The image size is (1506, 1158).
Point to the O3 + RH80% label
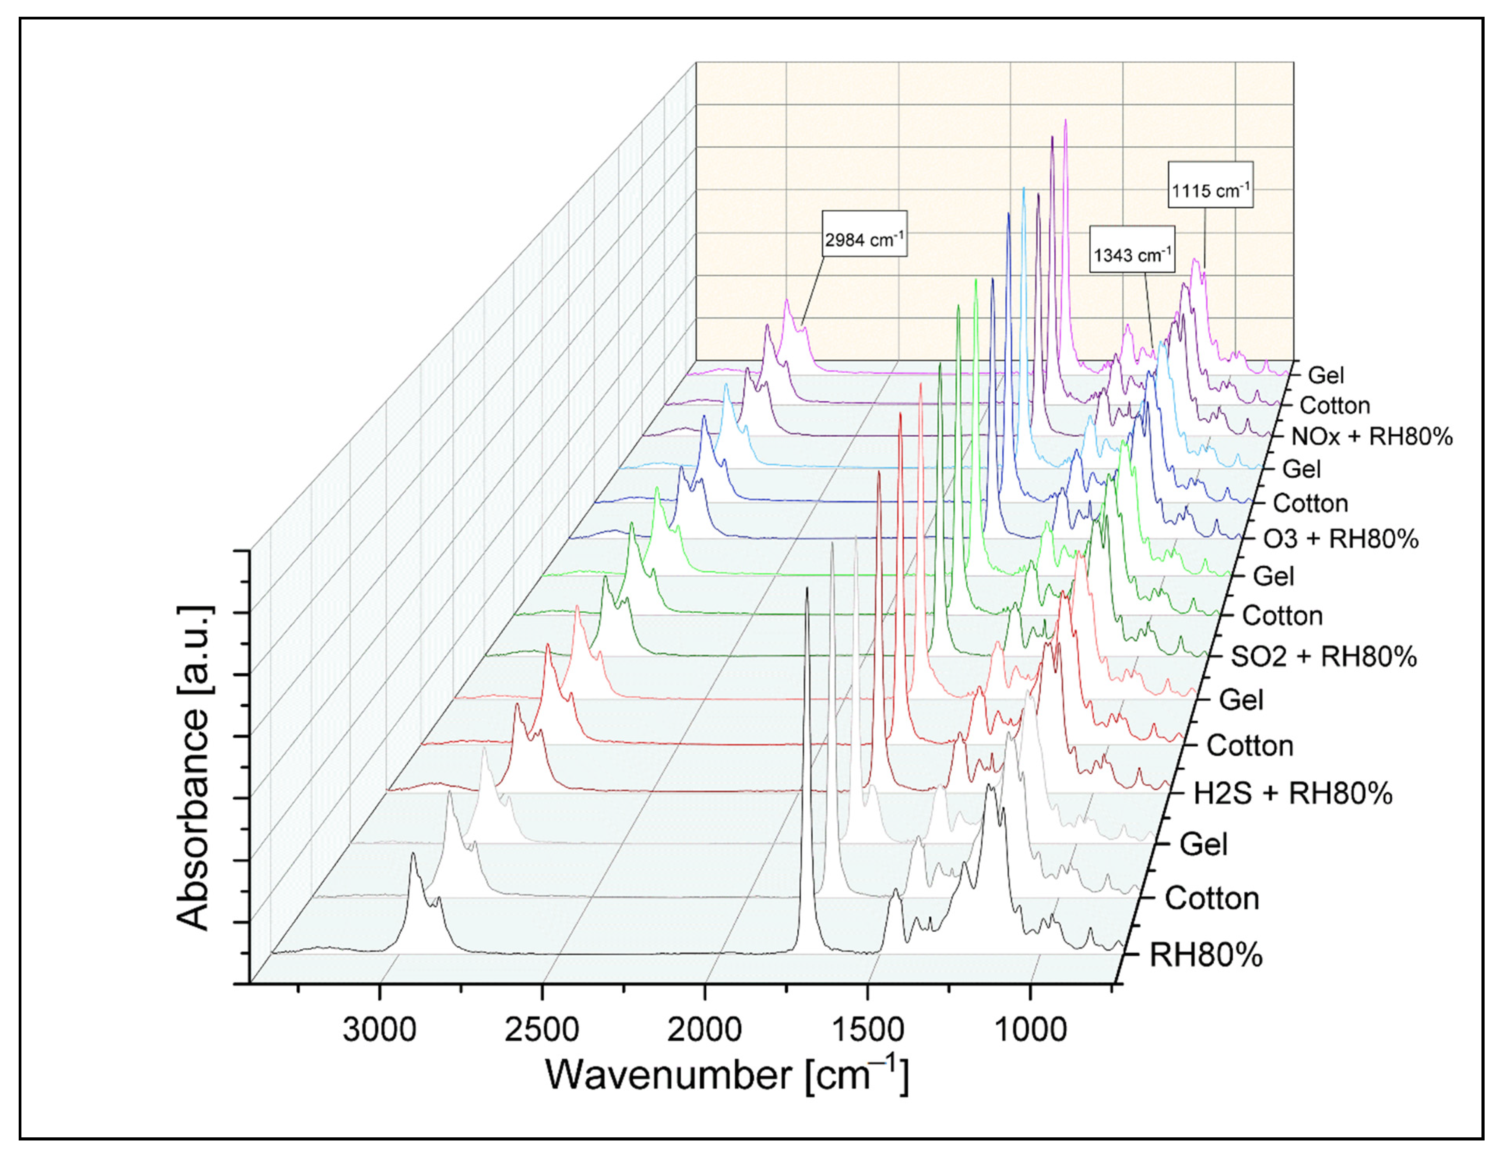[x=1341, y=538]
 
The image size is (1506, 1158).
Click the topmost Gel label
[x=1325, y=375]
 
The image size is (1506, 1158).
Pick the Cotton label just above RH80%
[x=1212, y=899]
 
